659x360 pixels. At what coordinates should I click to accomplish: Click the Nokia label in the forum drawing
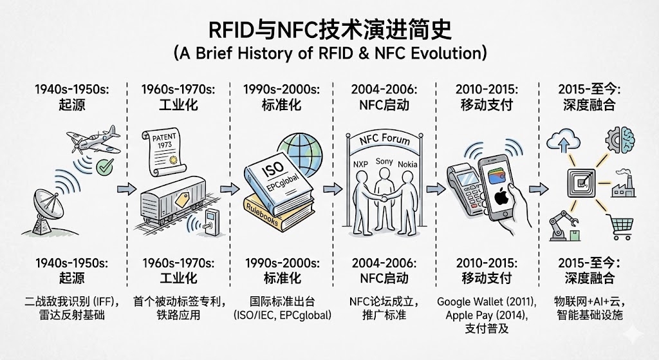(x=408, y=164)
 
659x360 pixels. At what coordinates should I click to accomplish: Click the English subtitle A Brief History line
(x=329, y=52)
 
